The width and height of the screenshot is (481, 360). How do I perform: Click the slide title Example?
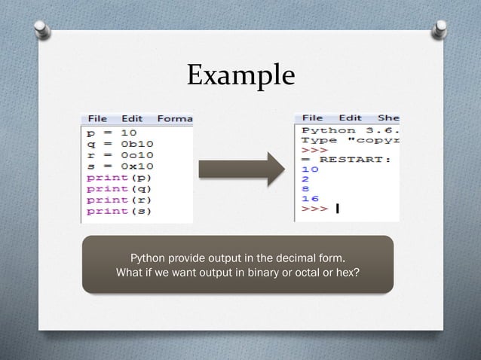240,75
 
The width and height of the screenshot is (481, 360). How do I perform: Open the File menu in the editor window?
97,119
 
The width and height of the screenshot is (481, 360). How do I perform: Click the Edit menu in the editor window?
132,119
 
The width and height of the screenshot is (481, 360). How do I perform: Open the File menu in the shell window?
312,118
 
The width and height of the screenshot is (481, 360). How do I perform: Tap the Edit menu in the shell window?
350,118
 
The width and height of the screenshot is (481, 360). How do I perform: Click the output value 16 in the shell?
310,199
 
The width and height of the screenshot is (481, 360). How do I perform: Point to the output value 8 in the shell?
305,189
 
